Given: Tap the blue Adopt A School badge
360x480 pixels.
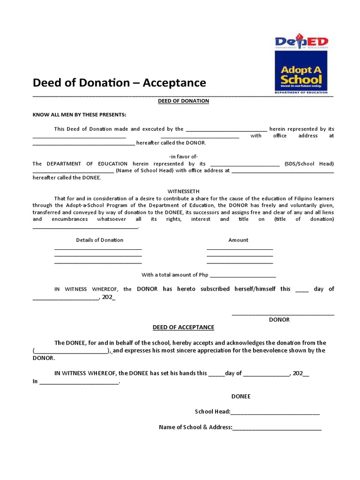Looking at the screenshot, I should click(x=301, y=71).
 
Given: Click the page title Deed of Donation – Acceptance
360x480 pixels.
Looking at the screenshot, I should click(x=119, y=83).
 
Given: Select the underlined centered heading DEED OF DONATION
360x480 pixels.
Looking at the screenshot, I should click(x=183, y=101).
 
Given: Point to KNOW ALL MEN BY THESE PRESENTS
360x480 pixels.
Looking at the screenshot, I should click(x=79, y=115).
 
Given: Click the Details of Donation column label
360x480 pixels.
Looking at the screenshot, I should click(x=100, y=240).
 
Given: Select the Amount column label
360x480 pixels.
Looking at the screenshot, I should click(x=238, y=240).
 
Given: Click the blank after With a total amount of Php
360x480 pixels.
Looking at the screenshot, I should click(x=243, y=276).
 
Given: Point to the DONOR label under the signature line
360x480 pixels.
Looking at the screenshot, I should click(x=279, y=320).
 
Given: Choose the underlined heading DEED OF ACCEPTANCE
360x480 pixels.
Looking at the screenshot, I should click(x=183, y=327).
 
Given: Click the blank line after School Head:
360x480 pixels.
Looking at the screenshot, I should click(x=275, y=412).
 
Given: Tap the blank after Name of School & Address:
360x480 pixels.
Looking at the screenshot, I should click(x=277, y=427).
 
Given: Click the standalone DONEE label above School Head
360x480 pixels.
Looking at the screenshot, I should click(x=241, y=397).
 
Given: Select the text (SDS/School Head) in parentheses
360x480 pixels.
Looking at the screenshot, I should click(x=309, y=164).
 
